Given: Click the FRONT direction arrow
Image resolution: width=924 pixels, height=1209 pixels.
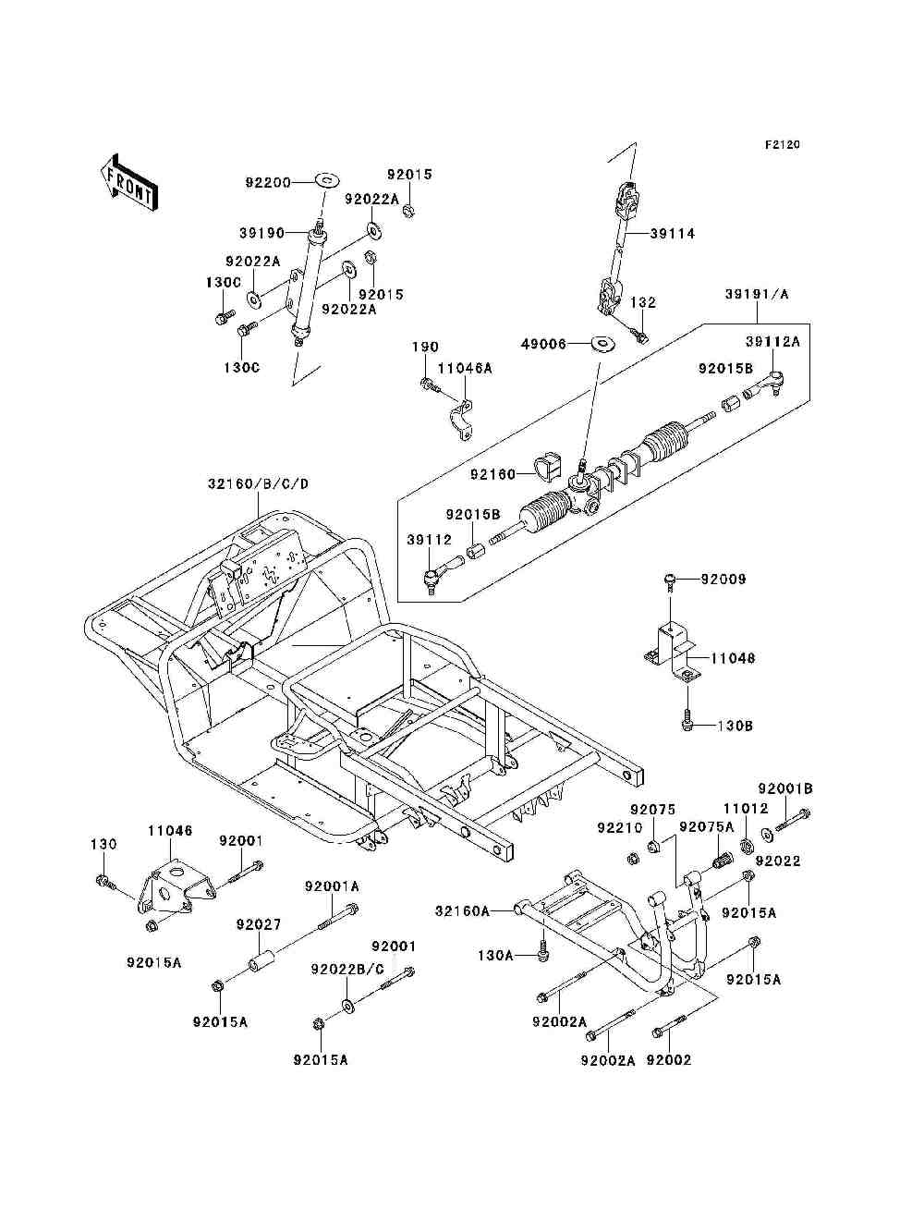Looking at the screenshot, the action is point(128,182).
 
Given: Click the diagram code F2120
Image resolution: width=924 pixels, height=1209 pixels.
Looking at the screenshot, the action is point(782,145).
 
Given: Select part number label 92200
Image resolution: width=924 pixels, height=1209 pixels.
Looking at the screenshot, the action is point(268,182).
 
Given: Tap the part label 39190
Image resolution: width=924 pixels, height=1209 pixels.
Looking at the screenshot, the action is point(261,233).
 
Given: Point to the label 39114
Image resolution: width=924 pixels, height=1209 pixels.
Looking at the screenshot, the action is point(673,234).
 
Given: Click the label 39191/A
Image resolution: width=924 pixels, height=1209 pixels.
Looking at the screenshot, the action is point(757,295).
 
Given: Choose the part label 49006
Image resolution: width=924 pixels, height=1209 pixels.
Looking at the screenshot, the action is point(543,344).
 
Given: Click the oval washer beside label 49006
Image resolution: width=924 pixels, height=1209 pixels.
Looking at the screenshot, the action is point(603,343).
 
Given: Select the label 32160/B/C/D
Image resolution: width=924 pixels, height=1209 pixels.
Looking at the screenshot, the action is point(258,484).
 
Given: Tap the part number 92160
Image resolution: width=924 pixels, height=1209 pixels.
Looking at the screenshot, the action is point(492,474).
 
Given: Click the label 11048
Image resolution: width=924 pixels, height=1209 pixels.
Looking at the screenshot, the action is point(733,658).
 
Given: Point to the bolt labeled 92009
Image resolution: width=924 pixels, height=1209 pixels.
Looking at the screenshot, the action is point(670,581).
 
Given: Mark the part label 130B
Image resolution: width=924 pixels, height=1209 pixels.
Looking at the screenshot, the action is point(736,726).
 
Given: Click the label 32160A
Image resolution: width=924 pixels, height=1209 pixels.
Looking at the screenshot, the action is point(462,911).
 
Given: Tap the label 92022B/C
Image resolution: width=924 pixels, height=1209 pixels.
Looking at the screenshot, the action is point(347,970).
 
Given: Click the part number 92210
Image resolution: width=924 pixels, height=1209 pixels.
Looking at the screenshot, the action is point(621,828).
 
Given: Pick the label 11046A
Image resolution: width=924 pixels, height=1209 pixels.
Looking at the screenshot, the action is point(466,369).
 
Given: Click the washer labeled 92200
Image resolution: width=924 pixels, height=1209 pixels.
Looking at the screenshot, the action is point(327,180).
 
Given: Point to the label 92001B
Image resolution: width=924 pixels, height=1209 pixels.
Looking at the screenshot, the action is point(785,788).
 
